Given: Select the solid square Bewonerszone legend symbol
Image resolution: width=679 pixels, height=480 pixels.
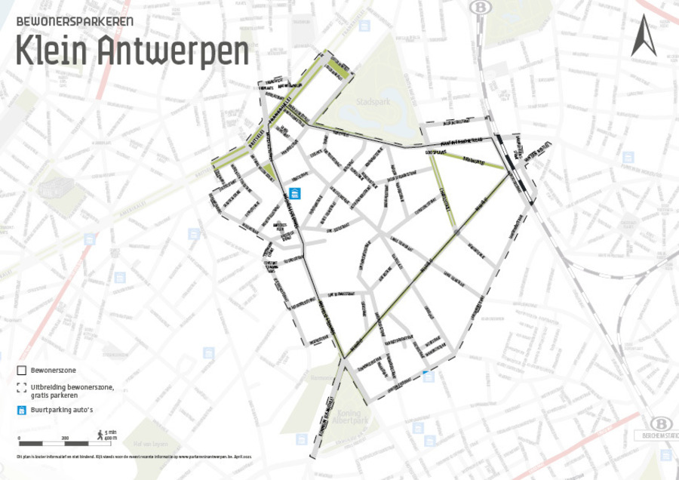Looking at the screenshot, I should [x=21, y=371].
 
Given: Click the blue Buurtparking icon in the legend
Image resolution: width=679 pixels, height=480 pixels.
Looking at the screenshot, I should [x=21, y=411].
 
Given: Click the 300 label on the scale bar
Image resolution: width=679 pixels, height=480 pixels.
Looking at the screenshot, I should [x=65, y=438].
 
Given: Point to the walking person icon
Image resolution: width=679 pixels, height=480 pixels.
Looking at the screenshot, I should [x=100, y=433].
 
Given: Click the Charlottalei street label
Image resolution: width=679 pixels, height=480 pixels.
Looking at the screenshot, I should [x=445, y=196].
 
